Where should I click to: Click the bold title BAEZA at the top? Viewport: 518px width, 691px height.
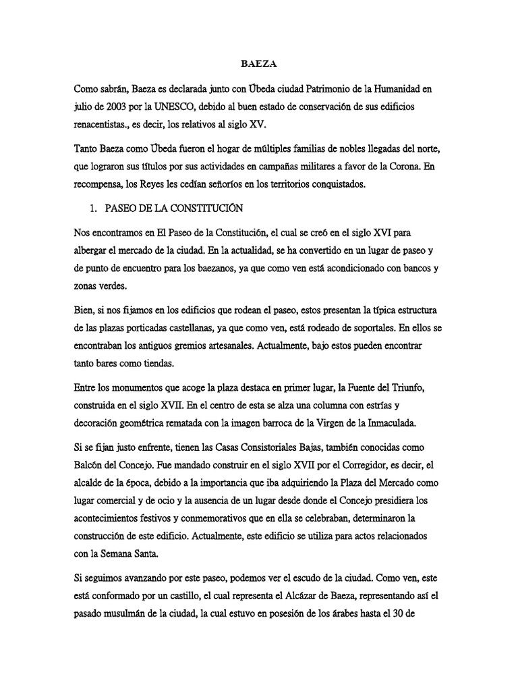click(x=258, y=65)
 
